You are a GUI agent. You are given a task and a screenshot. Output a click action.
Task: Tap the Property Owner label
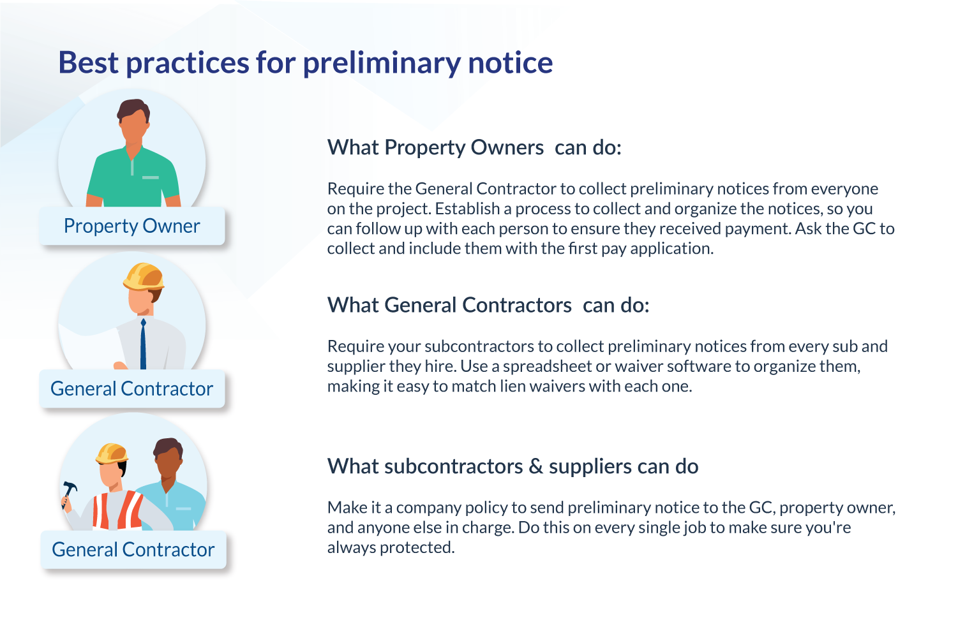coord(132,226)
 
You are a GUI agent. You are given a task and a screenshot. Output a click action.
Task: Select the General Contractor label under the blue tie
coord(132,389)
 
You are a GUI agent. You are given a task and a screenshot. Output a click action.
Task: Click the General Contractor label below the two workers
coord(133,550)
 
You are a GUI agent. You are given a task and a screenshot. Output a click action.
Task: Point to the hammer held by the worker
coord(68,491)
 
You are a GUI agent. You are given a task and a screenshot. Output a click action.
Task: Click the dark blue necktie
coord(143,344)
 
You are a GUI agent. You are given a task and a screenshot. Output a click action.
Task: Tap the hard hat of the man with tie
coord(144,276)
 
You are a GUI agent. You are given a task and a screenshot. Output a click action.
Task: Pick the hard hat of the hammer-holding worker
coord(112,454)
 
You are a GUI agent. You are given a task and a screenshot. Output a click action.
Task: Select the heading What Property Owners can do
coord(474,148)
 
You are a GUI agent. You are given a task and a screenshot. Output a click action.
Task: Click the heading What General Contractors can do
coord(488,306)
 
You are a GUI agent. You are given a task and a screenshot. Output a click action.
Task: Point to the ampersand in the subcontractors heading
coord(536,467)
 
